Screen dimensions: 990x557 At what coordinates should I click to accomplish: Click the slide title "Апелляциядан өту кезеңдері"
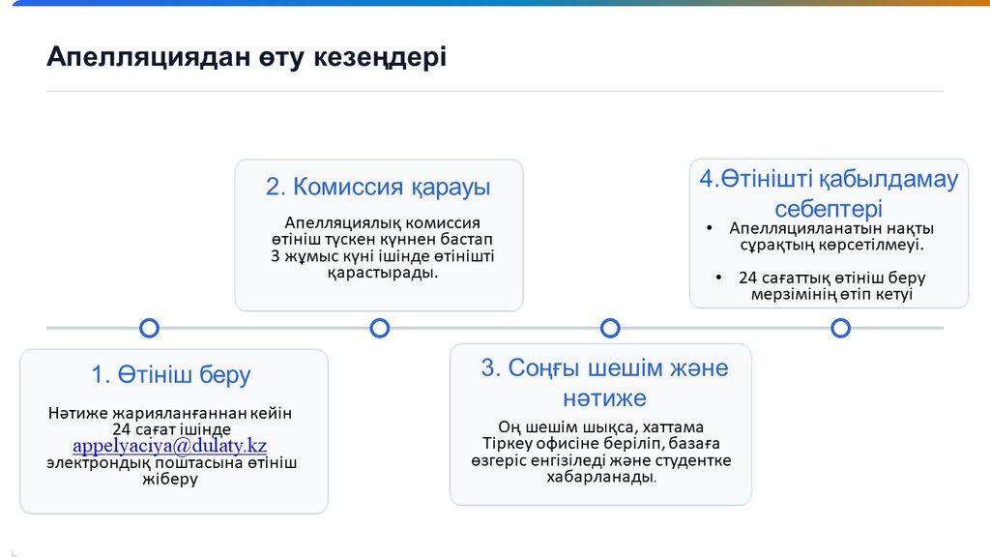coord(247,57)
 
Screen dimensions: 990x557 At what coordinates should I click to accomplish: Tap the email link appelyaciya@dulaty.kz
coord(170,446)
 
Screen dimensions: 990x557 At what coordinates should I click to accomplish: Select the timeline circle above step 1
coord(149,328)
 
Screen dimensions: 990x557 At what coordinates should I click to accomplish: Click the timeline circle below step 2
coord(379,328)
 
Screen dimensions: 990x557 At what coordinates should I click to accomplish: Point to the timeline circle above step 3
coord(610,328)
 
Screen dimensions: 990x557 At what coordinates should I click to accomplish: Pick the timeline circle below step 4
coord(840,328)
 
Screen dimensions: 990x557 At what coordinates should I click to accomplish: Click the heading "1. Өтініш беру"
coord(171,375)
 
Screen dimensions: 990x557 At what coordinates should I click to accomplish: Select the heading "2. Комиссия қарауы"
coord(378,188)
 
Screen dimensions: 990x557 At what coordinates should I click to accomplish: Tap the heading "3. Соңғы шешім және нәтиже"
coord(605,383)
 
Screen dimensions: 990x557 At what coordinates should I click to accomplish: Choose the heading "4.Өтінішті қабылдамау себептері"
coord(829,193)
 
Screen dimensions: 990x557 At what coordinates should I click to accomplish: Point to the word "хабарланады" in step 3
coord(600,477)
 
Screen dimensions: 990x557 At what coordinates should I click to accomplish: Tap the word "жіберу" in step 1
coord(170,480)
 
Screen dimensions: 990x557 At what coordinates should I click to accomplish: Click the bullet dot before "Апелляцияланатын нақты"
coord(710,228)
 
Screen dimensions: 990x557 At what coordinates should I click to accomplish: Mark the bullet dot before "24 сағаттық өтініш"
coord(718,278)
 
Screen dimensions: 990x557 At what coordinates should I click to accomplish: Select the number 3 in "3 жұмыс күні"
coord(275,256)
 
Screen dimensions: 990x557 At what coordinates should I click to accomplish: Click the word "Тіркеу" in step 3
coord(503,443)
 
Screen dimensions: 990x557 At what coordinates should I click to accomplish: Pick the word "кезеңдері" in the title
coord(380,57)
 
